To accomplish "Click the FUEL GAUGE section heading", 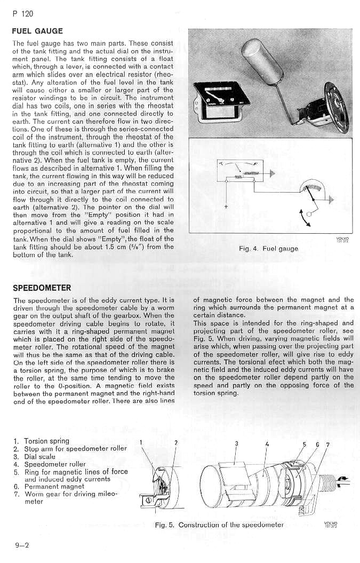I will click(x=37, y=31).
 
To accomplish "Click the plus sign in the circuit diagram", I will click(x=226, y=206).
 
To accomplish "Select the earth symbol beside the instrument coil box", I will click(x=273, y=173).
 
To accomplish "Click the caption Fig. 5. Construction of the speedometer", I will click(x=219, y=525).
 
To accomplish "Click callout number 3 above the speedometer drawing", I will click(x=236, y=443).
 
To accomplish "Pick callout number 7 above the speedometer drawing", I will click(x=327, y=444).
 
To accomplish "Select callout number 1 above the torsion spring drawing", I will click(x=141, y=442).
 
